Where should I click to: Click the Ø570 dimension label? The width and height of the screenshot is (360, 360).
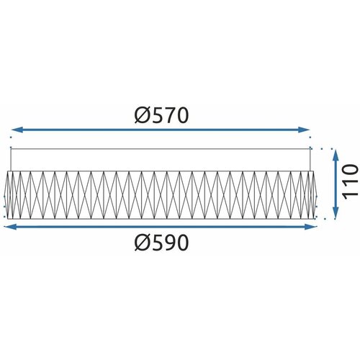[x=161, y=115]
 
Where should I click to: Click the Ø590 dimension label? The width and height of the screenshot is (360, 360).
[x=161, y=242]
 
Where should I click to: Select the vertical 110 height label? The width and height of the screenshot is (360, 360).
[x=350, y=181]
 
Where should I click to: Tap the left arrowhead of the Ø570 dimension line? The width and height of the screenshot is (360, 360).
[x=17, y=130]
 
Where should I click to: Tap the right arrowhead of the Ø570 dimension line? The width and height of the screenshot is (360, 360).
[x=304, y=130]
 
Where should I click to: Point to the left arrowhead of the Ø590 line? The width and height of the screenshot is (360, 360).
[x=10, y=227]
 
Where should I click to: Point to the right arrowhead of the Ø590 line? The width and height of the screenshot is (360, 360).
[x=311, y=227]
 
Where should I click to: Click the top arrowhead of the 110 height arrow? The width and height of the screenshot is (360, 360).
[x=336, y=155]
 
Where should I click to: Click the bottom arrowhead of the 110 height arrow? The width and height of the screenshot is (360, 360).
[x=336, y=213]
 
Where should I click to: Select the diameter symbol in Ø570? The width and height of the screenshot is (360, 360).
[x=143, y=115]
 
